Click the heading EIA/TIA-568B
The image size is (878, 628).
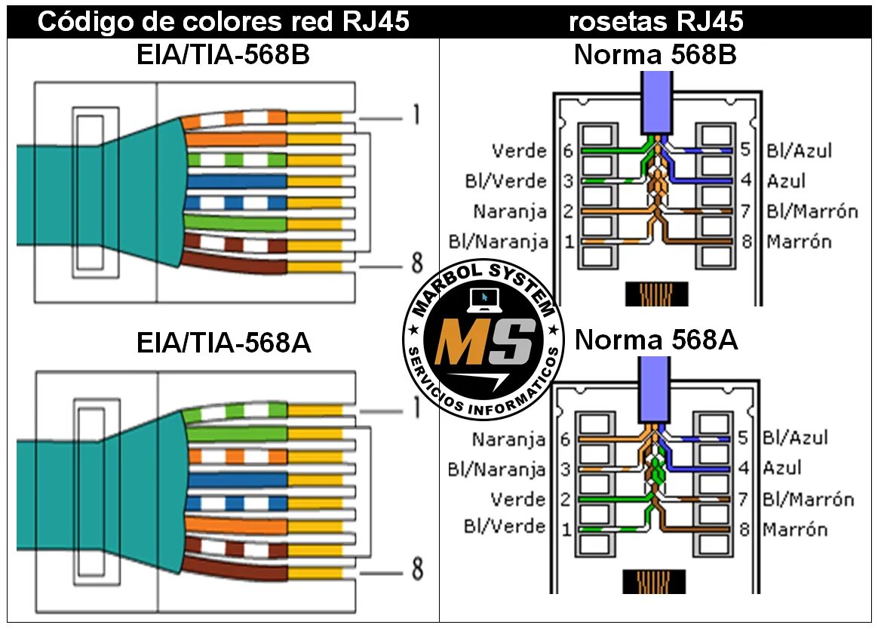223,57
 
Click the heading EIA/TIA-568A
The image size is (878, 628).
224,343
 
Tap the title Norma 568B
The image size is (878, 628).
655,55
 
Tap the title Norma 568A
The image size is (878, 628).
655,340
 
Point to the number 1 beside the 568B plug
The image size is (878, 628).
416,115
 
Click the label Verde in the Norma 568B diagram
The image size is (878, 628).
519,151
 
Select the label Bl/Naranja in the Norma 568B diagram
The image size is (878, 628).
499,242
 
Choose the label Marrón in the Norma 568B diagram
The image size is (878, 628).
799,242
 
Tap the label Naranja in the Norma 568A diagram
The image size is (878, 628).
508,439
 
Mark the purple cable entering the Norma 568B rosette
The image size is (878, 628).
655,102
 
